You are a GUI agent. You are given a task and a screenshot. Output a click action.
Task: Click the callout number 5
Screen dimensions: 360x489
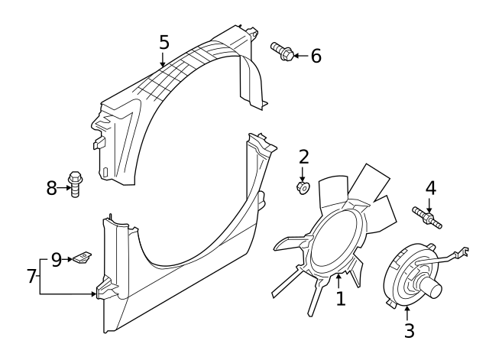[164, 41]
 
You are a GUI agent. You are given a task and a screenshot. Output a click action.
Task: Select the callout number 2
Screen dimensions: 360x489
[303, 157]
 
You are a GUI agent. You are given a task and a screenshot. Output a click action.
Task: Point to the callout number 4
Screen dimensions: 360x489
[431, 188]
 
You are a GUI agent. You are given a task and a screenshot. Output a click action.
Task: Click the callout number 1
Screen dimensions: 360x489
[341, 298]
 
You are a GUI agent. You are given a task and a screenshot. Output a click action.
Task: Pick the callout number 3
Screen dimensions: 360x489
[409, 330]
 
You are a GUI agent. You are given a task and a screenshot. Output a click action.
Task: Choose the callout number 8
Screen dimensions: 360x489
[52, 187]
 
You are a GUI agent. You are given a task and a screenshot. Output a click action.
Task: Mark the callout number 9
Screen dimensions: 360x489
[57, 260]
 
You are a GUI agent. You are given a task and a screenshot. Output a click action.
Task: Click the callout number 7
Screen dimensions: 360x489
[31, 276]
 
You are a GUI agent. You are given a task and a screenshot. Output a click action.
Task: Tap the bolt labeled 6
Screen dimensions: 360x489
[282, 51]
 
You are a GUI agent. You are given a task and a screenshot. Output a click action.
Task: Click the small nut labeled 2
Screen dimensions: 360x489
[303, 186]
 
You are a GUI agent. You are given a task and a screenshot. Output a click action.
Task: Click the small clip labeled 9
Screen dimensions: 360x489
[82, 258]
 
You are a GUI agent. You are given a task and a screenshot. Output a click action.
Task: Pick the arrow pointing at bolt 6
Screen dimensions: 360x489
[300, 56]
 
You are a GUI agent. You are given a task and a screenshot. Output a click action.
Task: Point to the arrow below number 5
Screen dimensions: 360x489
[162, 58]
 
